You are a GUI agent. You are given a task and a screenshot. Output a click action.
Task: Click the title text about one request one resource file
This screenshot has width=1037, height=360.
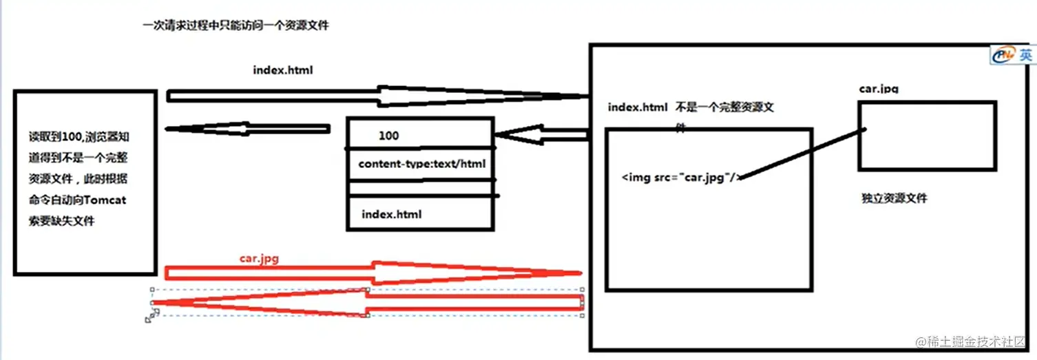pyautogui.click(x=235, y=26)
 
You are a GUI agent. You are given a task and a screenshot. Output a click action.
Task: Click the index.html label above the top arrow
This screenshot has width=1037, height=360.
pyautogui.click(x=283, y=70)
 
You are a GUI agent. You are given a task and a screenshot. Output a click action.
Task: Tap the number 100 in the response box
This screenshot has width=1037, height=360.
pyautogui.click(x=388, y=136)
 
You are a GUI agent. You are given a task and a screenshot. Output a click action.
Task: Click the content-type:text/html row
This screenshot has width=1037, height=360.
pyautogui.click(x=421, y=165)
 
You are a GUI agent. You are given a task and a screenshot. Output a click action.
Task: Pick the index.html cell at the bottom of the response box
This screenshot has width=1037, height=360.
pyautogui.click(x=391, y=214)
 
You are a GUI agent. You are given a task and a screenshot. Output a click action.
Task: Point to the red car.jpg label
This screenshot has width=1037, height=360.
pyautogui.click(x=259, y=259)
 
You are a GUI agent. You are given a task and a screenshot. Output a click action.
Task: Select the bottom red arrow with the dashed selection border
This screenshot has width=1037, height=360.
pyautogui.click(x=365, y=303)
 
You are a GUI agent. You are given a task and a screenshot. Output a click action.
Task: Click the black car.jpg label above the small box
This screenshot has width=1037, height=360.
pyautogui.click(x=879, y=89)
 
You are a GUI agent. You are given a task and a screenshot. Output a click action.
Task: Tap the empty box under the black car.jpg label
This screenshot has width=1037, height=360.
pyautogui.click(x=927, y=136)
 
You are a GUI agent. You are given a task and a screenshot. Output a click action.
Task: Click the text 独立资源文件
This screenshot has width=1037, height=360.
pyautogui.click(x=894, y=198)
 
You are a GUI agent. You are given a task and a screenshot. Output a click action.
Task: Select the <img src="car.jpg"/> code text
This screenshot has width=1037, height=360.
pyautogui.click(x=681, y=177)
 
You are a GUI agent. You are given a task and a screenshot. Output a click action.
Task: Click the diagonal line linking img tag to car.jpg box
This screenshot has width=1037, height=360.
pyautogui.click(x=802, y=153)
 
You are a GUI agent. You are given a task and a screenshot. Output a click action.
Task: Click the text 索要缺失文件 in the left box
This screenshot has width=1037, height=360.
pyautogui.click(x=61, y=222)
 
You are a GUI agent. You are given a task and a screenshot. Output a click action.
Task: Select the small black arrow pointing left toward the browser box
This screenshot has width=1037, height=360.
pyautogui.click(x=248, y=129)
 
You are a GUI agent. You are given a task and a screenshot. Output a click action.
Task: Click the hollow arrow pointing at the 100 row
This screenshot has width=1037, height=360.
pyautogui.click(x=541, y=136)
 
